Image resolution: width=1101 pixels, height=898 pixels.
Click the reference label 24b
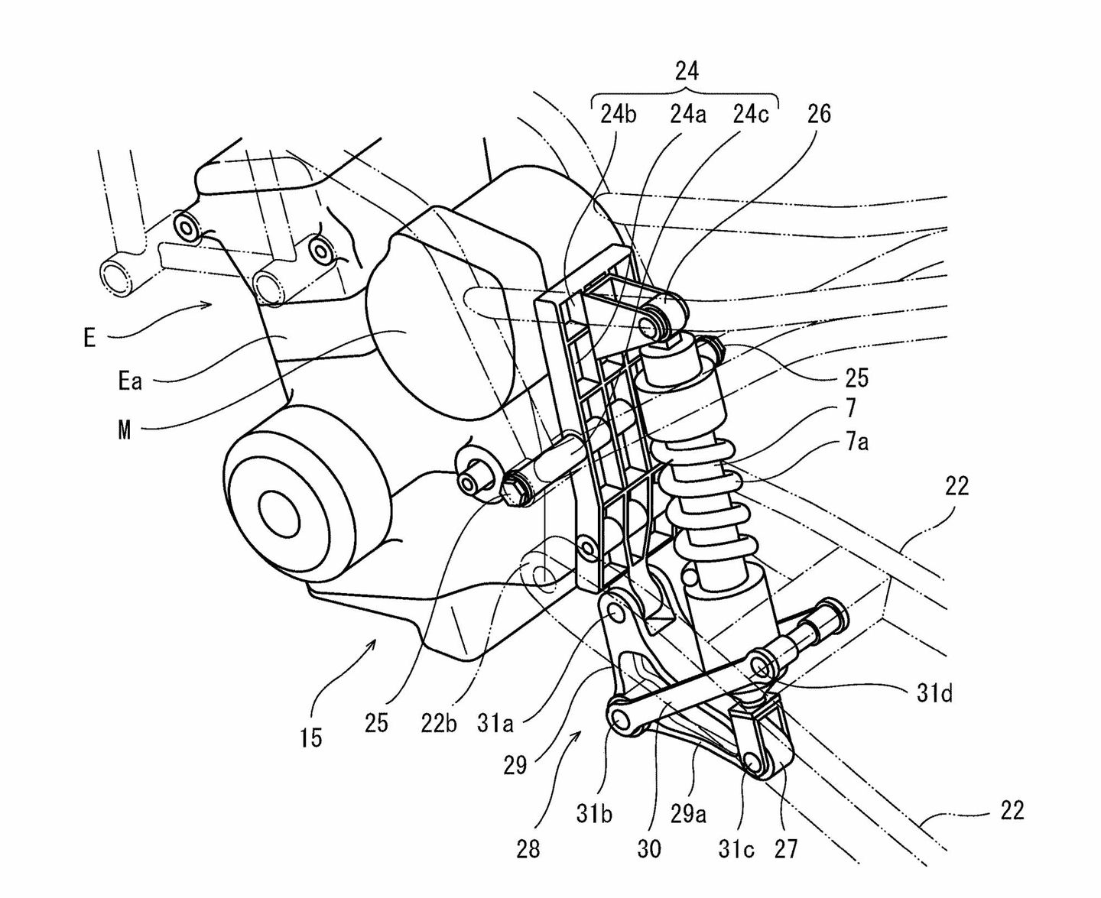click(x=618, y=115)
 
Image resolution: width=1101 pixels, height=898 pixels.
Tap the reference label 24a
click(x=687, y=115)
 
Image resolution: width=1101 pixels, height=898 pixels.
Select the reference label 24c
click(x=750, y=115)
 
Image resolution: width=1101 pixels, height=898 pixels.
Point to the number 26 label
click(x=819, y=115)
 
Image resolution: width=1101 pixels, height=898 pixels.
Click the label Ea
click(x=130, y=381)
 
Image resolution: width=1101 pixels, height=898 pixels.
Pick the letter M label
click(x=125, y=430)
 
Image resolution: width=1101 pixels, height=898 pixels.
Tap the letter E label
click(x=89, y=337)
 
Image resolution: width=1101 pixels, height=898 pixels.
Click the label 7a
click(x=856, y=442)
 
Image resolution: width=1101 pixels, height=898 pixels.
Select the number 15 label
click(x=310, y=738)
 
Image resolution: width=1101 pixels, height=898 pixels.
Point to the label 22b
click(x=439, y=723)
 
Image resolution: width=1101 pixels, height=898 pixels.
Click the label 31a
click(x=495, y=723)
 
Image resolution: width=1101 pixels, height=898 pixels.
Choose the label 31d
click(x=934, y=694)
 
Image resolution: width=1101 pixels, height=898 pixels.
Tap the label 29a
click(x=688, y=815)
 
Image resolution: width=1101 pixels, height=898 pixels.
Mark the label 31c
click(x=736, y=849)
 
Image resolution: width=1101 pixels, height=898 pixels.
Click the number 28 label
click(x=528, y=848)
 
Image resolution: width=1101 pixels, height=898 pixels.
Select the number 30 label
click(x=648, y=848)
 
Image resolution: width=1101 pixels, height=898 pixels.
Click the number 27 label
click(x=785, y=848)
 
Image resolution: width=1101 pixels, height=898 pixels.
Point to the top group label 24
click(x=687, y=71)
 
